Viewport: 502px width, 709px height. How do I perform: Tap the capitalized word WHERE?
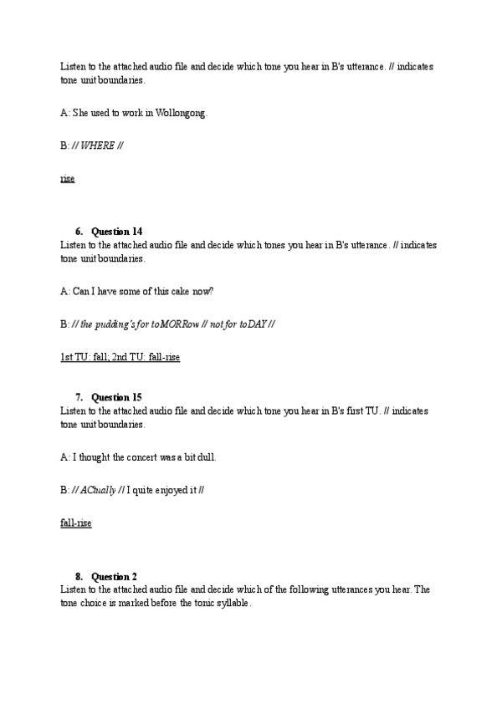pyautogui.click(x=98, y=145)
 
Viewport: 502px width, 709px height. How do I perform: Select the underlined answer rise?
pyautogui.click(x=68, y=179)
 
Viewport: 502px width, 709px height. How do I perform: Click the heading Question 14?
pyautogui.click(x=116, y=232)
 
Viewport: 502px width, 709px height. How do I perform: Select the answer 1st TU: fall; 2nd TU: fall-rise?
pyautogui.click(x=120, y=357)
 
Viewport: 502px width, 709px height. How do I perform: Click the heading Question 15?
pyautogui.click(x=116, y=397)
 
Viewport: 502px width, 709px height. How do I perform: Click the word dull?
pyautogui.click(x=217, y=457)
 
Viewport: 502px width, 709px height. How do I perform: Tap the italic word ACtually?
pyautogui.click(x=99, y=490)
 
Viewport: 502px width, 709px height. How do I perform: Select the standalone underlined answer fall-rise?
pyautogui.click(x=76, y=523)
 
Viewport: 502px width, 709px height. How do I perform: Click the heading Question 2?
pyautogui.click(x=114, y=576)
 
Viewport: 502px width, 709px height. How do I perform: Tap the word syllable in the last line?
pyautogui.click(x=231, y=603)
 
